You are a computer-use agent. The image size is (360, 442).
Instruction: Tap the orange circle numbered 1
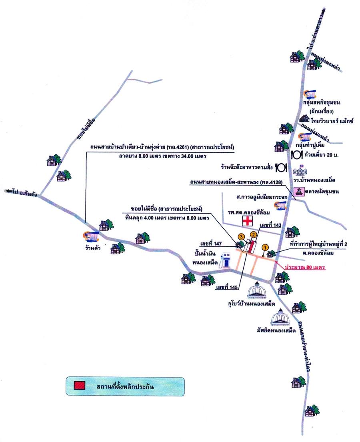[265, 247]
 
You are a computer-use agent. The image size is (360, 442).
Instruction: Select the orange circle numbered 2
[253, 235]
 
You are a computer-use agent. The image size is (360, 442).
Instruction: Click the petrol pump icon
[227, 260]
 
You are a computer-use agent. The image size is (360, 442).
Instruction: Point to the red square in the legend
[80, 386]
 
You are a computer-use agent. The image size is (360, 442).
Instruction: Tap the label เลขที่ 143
[271, 225]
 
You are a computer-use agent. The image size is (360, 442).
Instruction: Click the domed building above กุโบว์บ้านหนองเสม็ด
[258, 290]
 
